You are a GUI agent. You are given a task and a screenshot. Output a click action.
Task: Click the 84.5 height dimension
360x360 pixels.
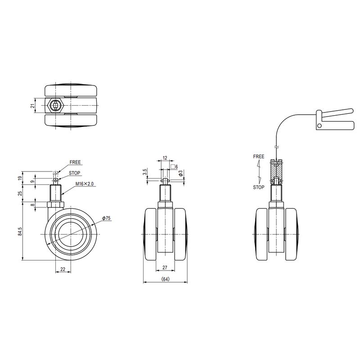(x=20, y=231)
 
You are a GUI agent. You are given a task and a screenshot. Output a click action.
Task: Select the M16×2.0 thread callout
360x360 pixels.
(x=85, y=184)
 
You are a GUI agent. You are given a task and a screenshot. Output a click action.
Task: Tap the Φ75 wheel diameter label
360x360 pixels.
(x=107, y=218)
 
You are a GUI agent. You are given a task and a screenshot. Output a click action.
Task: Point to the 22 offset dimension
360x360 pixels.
(x=63, y=269)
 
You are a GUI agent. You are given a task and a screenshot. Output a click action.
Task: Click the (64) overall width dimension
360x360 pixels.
(x=165, y=279)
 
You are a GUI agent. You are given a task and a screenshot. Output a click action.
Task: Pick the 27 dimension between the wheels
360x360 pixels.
(x=165, y=267)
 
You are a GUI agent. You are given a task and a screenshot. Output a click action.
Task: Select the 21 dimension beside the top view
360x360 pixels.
(x=33, y=106)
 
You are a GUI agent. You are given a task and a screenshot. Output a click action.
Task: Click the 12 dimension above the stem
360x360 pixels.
(x=165, y=158)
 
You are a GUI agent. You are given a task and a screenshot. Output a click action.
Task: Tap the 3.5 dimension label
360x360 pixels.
(x=144, y=172)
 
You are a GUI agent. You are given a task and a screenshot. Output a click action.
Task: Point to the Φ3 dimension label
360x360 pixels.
(x=181, y=173)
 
